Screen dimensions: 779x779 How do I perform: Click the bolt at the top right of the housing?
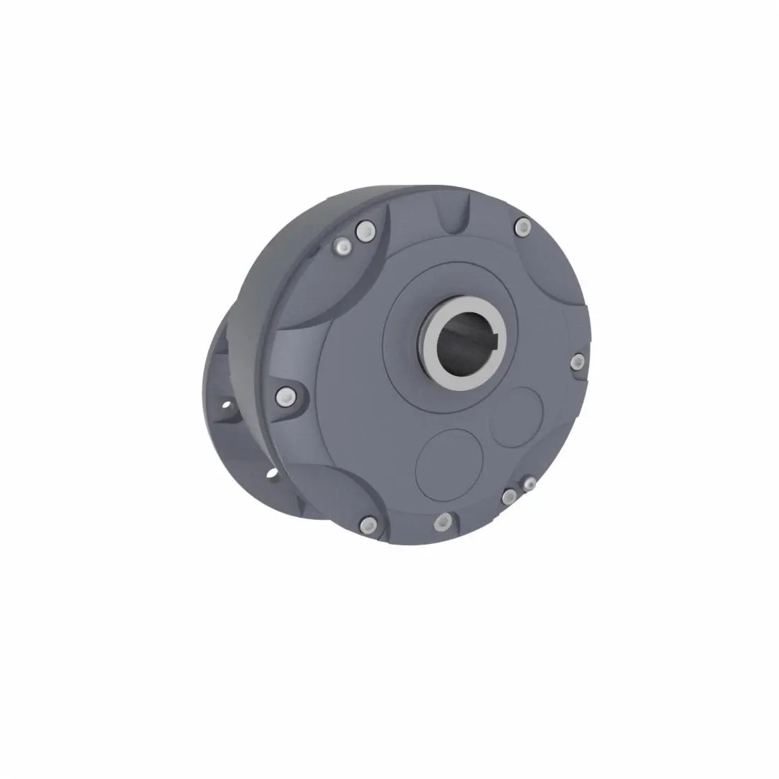coord(523,227)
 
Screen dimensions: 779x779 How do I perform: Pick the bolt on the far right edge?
coord(578,362)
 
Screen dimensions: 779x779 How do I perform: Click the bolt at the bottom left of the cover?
coord(366,525)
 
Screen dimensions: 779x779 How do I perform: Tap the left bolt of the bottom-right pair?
coord(509,496)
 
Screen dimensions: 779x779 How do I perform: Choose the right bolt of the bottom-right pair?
coord(528,484)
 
